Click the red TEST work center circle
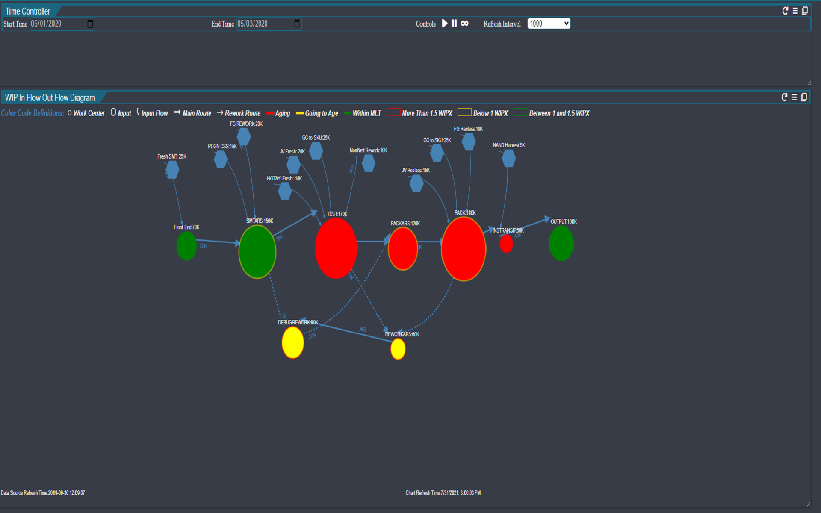(x=336, y=248)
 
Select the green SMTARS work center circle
(x=257, y=252)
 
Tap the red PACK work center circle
(x=464, y=249)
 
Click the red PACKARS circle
(x=403, y=248)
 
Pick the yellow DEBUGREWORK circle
(x=293, y=342)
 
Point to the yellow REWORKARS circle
(x=398, y=349)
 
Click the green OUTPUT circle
(x=561, y=243)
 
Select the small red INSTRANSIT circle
(x=506, y=244)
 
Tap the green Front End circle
(x=186, y=246)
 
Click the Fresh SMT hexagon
(x=172, y=170)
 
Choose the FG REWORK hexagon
(x=244, y=137)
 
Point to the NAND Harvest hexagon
(x=508, y=158)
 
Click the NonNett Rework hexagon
(x=369, y=163)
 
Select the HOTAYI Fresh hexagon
(x=285, y=191)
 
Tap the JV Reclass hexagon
(x=416, y=183)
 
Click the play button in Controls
(x=445, y=24)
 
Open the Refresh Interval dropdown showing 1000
(x=549, y=24)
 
